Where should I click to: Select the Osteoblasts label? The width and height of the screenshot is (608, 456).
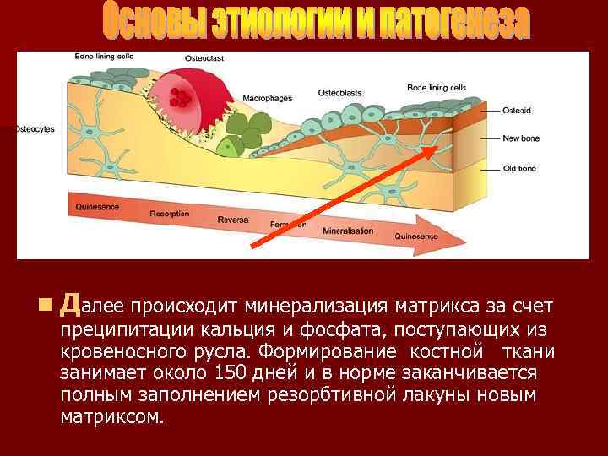click(x=341, y=91)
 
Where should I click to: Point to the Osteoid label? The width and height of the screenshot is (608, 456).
click(x=516, y=110)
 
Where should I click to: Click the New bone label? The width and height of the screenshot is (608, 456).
click(x=520, y=138)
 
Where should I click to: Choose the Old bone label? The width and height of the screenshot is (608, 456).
click(x=519, y=168)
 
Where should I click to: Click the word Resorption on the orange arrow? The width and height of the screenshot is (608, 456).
click(x=170, y=214)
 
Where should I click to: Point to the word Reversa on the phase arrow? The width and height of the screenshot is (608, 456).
click(x=233, y=220)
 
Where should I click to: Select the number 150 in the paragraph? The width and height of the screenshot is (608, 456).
click(x=231, y=372)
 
